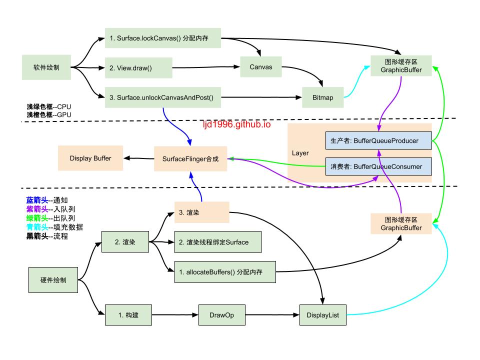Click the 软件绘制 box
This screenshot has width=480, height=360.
pos(46,67)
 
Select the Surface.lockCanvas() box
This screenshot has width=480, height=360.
pos(163,38)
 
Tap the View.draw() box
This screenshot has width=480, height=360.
pos(138,67)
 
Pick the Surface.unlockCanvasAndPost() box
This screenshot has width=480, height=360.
pos(163,97)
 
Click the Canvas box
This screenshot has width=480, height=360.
pos(261,66)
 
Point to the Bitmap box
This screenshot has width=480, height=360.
pos(322,97)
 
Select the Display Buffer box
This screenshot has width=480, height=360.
pos(90,158)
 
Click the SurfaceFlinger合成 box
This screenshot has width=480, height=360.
pos(190,158)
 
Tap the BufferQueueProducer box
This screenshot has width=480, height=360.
pos(378,140)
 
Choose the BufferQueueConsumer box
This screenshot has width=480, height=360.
pos(378,166)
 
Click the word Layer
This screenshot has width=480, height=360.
pos(300,153)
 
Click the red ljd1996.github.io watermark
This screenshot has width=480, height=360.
pos(237,124)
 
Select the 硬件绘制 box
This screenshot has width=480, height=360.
pos(53,280)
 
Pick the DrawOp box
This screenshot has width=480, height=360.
pos(222,315)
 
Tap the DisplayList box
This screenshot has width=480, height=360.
pos(323,315)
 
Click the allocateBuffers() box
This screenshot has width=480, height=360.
pos(225,272)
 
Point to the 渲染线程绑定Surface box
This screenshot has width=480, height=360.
pos(217,242)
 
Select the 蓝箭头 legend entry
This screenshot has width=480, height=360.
pos(47,200)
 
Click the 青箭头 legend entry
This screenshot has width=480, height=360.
pos(54,227)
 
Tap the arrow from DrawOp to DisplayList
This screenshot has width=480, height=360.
pos(272,314)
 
